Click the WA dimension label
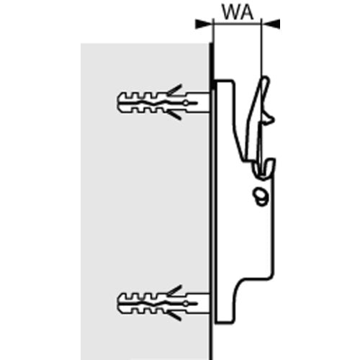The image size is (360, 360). coord(238,12)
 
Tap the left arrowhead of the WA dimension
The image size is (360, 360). coord(204,23)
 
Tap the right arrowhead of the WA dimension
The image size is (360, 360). coord(271,23)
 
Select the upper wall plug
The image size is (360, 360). coord(163,102)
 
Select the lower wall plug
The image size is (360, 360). coord(163,303)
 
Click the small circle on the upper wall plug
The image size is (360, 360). coord(186,103)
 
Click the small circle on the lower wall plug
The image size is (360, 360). coord(186,304)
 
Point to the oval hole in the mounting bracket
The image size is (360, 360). coord(261,197)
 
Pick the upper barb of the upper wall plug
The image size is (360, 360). coord(175,89)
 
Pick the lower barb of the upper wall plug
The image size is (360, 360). coord(174,115)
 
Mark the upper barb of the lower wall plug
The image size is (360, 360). coord(175,290)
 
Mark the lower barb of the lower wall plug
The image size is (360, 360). coord(174,316)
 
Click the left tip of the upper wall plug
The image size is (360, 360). coord(117,103)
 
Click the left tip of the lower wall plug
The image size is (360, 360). coord(117,303)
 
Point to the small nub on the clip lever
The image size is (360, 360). coord(269,119)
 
